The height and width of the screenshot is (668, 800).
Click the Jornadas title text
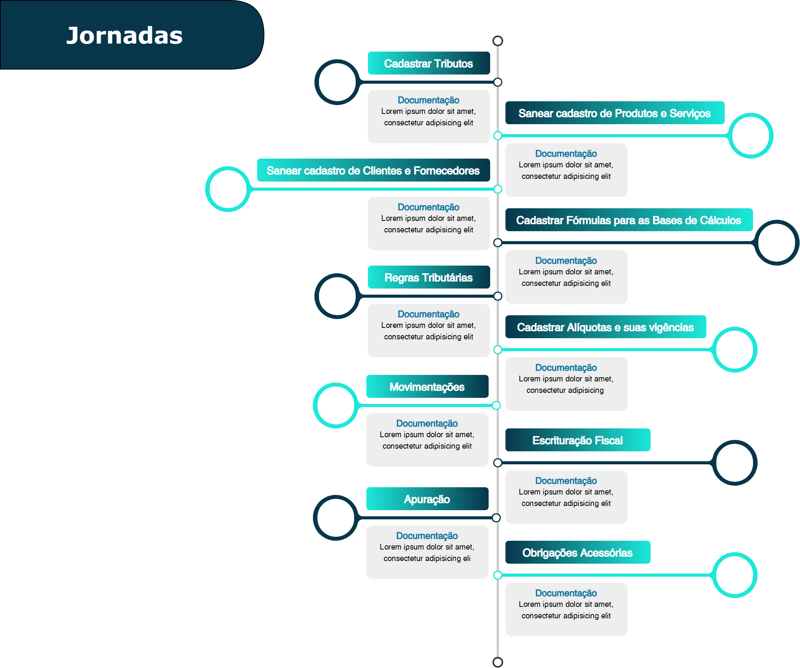[x=125, y=35]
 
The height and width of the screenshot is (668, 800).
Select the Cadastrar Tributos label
[x=429, y=63]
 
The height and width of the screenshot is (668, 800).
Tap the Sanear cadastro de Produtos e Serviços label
[x=615, y=113]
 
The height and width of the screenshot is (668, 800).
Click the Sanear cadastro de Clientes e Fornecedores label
[x=373, y=170]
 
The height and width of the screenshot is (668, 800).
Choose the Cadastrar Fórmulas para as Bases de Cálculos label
[x=629, y=220]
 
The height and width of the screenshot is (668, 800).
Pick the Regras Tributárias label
[x=429, y=277]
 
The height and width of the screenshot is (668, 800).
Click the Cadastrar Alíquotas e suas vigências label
[x=606, y=327]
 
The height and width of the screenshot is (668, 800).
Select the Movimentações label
[x=427, y=386]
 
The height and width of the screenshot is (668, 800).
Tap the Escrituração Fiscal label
[x=578, y=440]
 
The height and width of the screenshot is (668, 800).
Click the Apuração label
[x=427, y=499]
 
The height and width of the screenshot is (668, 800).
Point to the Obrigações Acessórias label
[x=578, y=552]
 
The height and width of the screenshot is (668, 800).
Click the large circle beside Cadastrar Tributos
[x=337, y=82]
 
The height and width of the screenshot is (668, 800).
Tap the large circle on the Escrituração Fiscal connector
[x=735, y=463]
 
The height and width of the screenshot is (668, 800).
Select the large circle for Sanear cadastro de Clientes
[x=228, y=189]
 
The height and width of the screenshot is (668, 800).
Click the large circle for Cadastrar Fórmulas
[x=777, y=243]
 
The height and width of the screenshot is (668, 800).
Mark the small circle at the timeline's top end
[x=498, y=41]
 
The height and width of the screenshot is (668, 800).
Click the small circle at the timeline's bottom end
[x=498, y=662]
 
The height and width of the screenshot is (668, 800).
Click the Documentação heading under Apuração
[x=427, y=536]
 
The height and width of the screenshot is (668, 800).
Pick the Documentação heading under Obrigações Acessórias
[x=566, y=593]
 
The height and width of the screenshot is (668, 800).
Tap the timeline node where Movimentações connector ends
[x=496, y=405]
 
